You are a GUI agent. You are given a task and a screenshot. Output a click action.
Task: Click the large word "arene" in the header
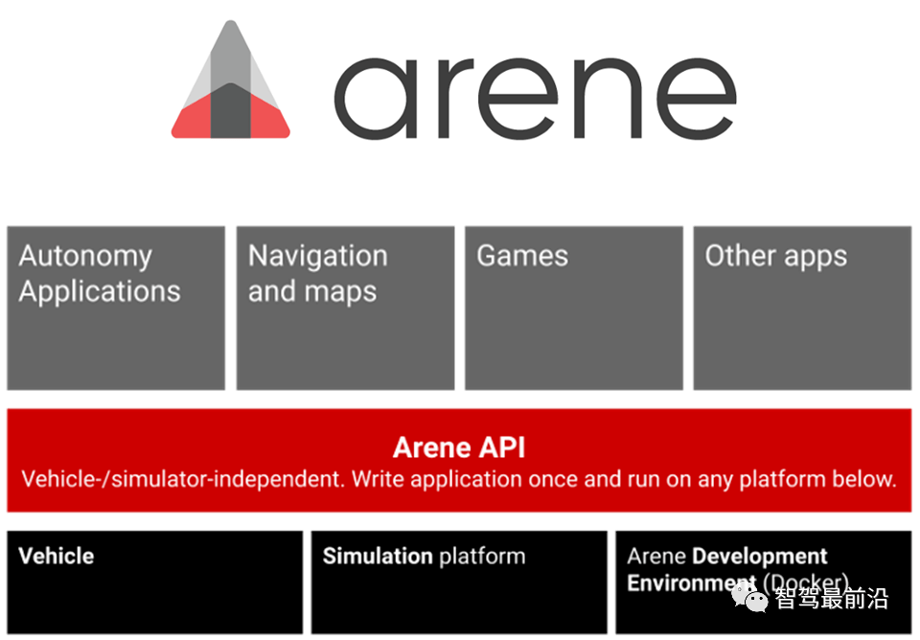(535, 98)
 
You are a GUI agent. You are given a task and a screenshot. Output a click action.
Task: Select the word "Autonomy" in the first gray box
(85, 257)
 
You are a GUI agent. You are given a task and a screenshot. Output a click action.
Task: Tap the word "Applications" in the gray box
(100, 292)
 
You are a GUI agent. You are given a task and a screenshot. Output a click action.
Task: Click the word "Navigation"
(317, 257)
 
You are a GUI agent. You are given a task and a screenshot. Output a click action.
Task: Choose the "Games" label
(522, 256)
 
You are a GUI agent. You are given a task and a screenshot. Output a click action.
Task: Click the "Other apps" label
(775, 257)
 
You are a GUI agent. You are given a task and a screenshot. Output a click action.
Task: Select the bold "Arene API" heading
(459, 447)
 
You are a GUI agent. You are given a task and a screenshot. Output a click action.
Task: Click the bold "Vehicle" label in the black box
(57, 556)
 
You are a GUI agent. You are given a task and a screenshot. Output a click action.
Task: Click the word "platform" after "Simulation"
(482, 557)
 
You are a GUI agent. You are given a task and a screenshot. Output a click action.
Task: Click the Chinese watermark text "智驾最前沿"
(832, 598)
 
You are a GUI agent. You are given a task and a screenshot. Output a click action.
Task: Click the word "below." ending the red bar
(864, 479)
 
